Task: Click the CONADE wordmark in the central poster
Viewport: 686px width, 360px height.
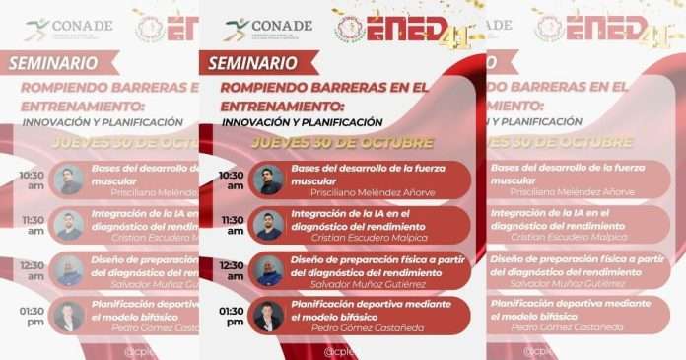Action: (281, 25)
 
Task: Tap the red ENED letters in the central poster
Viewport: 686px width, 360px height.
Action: (410, 29)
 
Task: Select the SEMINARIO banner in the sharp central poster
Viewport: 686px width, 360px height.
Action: (252, 63)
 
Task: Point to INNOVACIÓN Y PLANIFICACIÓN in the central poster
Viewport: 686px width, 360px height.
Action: (302, 122)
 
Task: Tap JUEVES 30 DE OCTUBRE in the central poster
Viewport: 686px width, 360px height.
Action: (341, 142)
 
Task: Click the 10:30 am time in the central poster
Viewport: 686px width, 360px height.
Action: (231, 180)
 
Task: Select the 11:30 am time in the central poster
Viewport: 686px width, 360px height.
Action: (231, 225)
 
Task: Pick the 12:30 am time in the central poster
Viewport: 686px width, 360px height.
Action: (231, 270)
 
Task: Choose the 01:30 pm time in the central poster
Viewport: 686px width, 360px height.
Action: (231, 316)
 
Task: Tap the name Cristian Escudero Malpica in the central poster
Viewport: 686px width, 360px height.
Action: (370, 239)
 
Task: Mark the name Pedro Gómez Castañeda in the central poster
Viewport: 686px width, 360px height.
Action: (369, 329)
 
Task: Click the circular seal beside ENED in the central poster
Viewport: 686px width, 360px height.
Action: (351, 29)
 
